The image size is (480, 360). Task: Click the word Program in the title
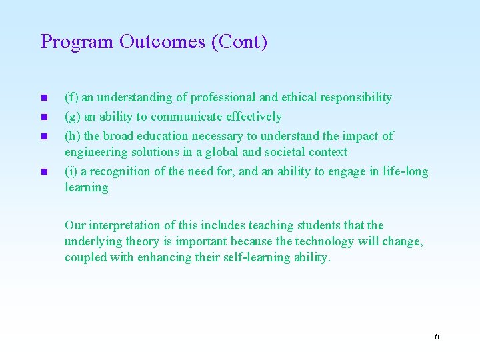click(77, 42)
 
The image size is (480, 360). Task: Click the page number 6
click(437, 336)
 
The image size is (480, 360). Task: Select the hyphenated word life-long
click(406, 171)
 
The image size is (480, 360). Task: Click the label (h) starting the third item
click(72, 136)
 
